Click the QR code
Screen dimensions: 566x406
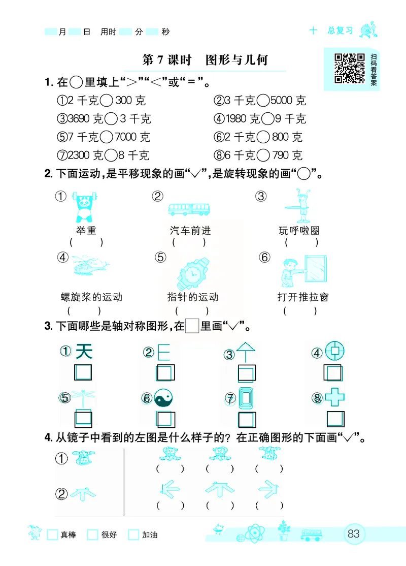(x=350, y=68)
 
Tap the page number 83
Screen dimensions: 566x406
(x=354, y=534)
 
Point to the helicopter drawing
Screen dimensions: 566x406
(x=90, y=266)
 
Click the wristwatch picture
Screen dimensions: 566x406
(x=192, y=273)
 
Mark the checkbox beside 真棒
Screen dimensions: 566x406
(x=52, y=535)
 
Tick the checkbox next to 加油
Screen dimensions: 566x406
(x=133, y=535)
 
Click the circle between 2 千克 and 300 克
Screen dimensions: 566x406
(x=106, y=101)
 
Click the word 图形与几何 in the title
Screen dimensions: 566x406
(x=236, y=60)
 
